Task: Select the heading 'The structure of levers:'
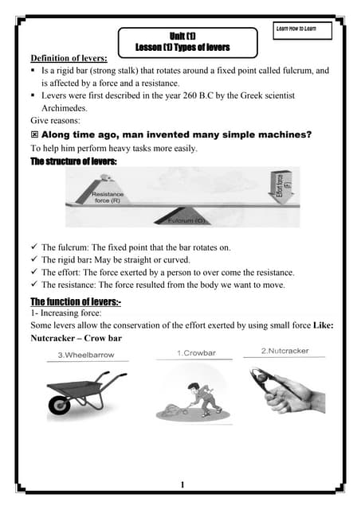coord(73,161)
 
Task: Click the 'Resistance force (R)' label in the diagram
coord(108,197)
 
